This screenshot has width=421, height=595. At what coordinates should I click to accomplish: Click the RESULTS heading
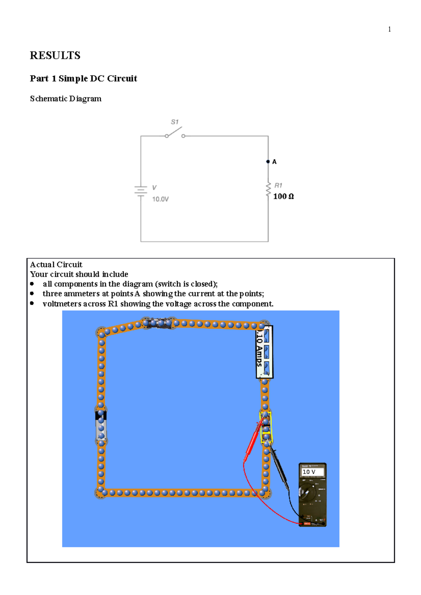[x=55, y=55]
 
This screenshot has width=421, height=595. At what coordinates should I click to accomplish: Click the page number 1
[x=389, y=29]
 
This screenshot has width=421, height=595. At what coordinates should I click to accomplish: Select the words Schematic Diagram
[x=66, y=99]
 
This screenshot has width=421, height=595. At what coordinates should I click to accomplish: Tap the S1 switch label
[x=174, y=122]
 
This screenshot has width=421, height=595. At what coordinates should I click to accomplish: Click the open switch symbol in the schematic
[x=175, y=133]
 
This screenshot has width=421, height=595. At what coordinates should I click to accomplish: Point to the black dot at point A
[x=268, y=162]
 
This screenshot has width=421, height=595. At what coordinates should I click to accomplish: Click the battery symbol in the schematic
[x=141, y=191]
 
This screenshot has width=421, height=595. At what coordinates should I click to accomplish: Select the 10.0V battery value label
[x=160, y=199]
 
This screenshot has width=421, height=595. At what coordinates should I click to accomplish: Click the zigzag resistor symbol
[x=268, y=189]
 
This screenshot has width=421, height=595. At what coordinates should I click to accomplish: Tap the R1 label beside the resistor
[x=278, y=185]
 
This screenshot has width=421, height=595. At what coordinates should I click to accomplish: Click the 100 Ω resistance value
[x=283, y=197]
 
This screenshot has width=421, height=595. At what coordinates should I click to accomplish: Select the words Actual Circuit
[x=56, y=265]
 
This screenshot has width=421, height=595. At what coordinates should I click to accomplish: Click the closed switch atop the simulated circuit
[x=159, y=323]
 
